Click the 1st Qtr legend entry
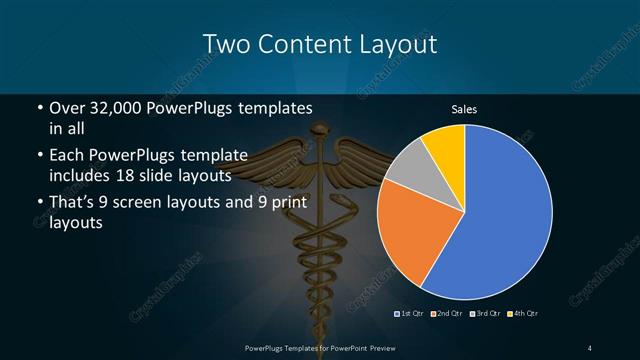point(413,314)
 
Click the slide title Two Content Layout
point(320,44)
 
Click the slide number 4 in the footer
point(590,347)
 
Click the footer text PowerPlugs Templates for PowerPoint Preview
point(320,347)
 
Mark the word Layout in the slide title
point(399,44)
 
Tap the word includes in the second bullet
point(82,175)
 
